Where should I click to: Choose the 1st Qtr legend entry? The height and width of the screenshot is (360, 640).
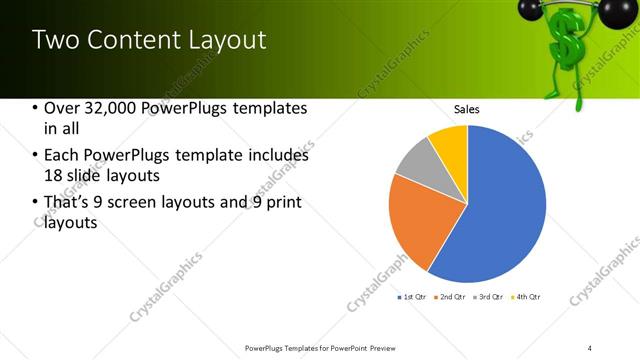point(411,297)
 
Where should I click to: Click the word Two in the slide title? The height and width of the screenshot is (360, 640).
point(56,40)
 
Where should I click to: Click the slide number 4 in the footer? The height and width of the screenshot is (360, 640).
point(590,348)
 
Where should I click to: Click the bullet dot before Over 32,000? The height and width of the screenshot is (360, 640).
point(35,108)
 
